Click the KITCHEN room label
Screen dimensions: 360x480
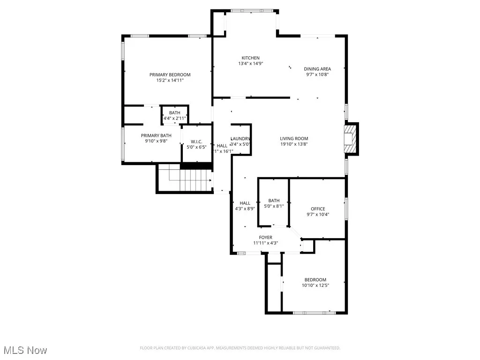pyautogui.click(x=250, y=58)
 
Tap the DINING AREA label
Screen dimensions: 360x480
pyautogui.click(x=317, y=69)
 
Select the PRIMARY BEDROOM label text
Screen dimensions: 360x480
pyautogui.click(x=170, y=75)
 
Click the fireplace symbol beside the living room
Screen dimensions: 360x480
pyautogui.click(x=350, y=139)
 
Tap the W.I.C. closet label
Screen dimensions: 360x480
pyautogui.click(x=196, y=142)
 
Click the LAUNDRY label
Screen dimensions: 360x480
pyautogui.click(x=240, y=139)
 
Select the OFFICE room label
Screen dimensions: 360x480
pyautogui.click(x=317, y=209)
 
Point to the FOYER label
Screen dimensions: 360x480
pyautogui.click(x=265, y=238)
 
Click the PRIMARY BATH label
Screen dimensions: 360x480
pyautogui.click(x=156, y=135)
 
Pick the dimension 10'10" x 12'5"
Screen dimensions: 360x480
pyautogui.click(x=315, y=285)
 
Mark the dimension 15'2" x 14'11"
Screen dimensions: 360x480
pyautogui.click(x=170, y=80)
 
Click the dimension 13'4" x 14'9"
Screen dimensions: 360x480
pyautogui.click(x=250, y=64)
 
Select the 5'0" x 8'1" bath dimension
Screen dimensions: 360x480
pyautogui.click(x=274, y=206)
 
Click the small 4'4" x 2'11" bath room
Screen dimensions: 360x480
pyautogui.click(x=174, y=115)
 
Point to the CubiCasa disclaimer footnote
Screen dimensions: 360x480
pyautogui.click(x=240, y=348)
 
